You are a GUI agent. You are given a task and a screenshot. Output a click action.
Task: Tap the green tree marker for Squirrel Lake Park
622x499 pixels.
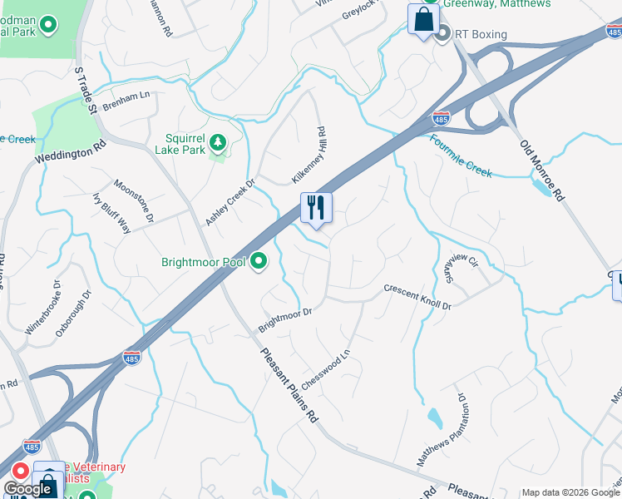coord(218,143)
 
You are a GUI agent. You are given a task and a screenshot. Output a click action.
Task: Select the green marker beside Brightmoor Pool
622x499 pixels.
coord(259,263)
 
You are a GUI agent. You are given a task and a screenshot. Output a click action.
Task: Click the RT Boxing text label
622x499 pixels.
coord(479,34)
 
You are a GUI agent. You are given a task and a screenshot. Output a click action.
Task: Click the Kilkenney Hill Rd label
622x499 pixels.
coord(307,156)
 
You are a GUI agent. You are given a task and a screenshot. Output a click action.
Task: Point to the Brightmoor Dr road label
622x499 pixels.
coord(284,319)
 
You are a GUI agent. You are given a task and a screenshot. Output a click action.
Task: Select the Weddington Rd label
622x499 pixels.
coord(72,151)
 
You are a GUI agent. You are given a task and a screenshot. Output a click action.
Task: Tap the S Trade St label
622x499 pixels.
coord(86,93)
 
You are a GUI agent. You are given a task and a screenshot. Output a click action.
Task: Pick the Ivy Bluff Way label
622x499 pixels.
coord(111,213)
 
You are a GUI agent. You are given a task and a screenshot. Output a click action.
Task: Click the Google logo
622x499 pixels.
coord(27,490)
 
